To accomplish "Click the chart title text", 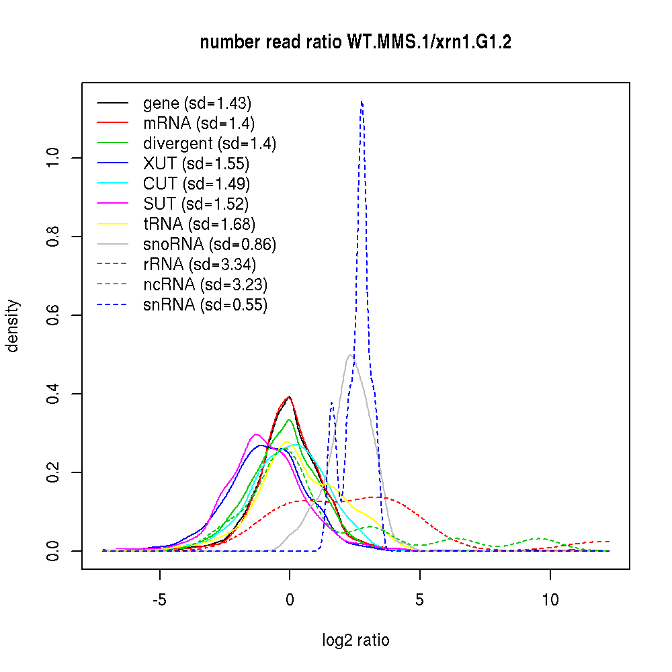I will pos(355,43).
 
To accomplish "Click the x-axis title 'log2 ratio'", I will pos(355,640).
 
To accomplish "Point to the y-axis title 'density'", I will pos(13,326).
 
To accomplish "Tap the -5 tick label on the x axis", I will pos(159,600).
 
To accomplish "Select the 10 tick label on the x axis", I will pos(550,600).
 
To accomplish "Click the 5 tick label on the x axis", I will pos(420,600).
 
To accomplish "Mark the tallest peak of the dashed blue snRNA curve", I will pos(362,101).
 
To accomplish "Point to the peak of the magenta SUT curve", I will pos(256,434).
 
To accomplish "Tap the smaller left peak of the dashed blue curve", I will pos(331,403).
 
